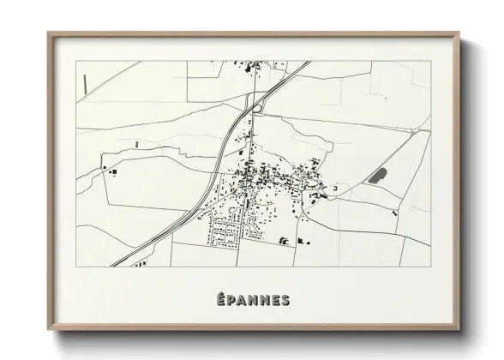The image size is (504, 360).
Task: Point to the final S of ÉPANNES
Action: [x=284, y=299]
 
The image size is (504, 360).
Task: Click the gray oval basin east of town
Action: [x=377, y=176]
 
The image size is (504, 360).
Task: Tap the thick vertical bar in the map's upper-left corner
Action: [x=86, y=83]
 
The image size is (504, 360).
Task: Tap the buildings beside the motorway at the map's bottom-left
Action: [x=137, y=263]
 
